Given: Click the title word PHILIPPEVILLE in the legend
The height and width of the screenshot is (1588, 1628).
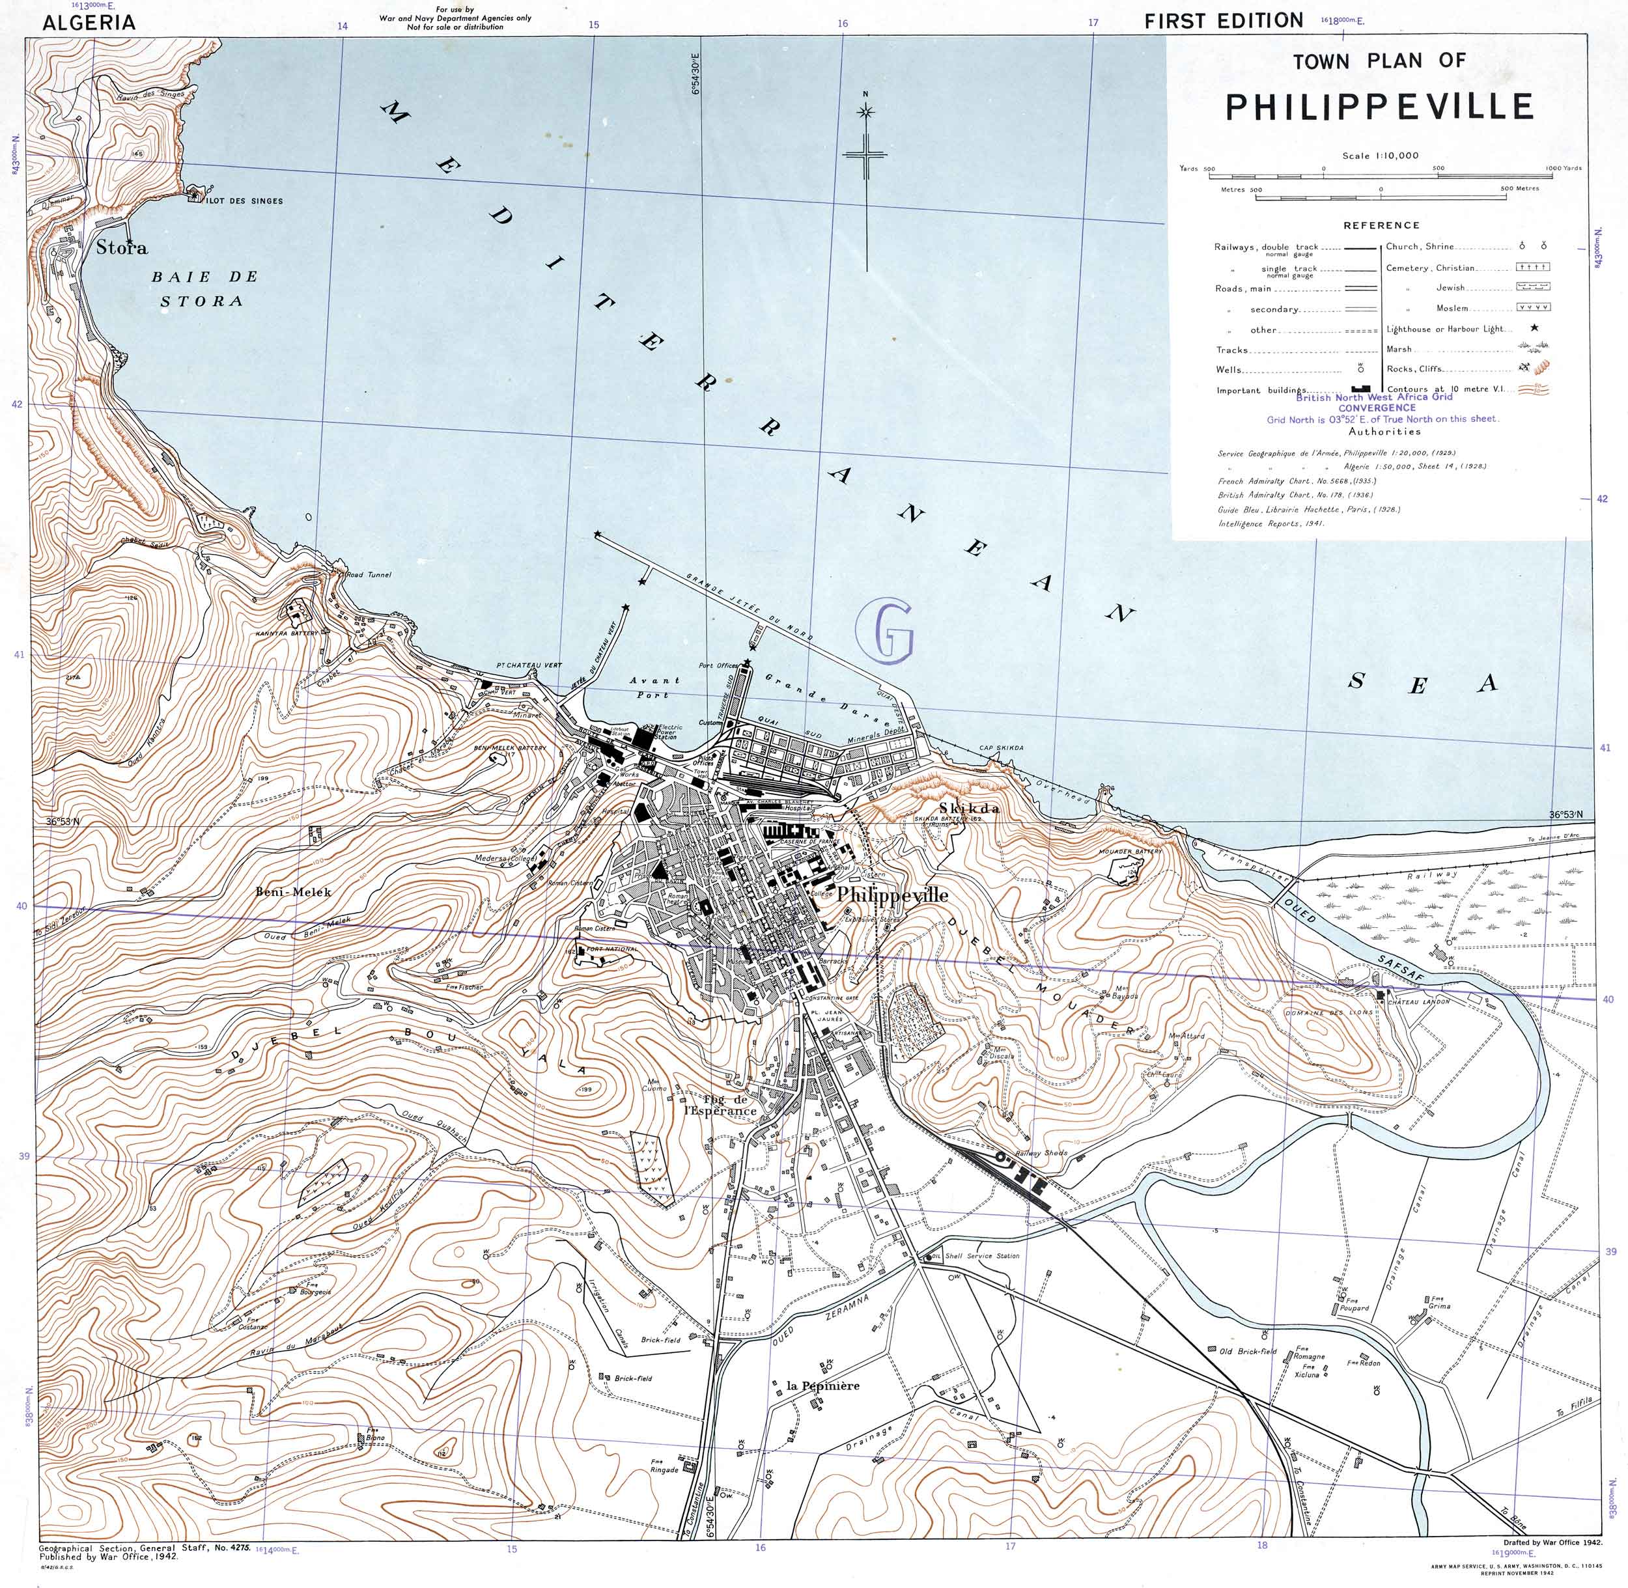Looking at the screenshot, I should [x=1379, y=107].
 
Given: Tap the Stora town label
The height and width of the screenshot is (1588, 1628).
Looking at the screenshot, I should [x=122, y=247].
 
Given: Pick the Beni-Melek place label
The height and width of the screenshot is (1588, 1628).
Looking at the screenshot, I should [x=293, y=891].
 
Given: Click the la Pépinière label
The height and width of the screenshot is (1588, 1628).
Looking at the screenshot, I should [x=822, y=1386].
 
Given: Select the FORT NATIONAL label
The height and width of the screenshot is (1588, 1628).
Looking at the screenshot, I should [x=613, y=949].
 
